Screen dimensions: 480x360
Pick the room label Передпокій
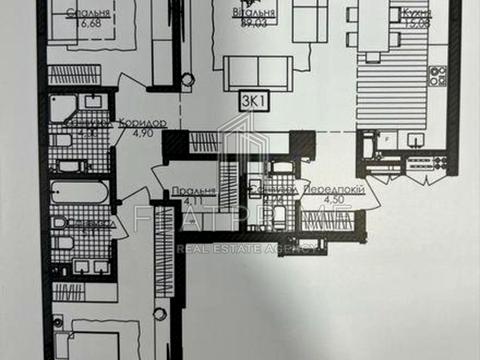(x=326, y=188)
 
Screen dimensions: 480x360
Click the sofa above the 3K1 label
(x=258, y=70)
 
